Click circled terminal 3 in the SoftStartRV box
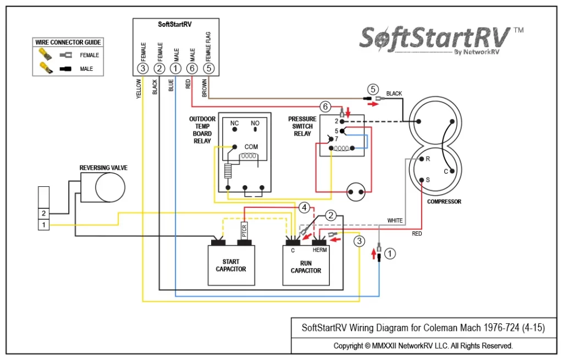click(x=143, y=68)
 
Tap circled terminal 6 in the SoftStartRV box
click(x=192, y=68)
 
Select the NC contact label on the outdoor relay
click(x=234, y=123)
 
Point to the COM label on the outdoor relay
click(x=251, y=147)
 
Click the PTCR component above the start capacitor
click(x=244, y=230)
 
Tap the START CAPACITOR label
click(x=231, y=265)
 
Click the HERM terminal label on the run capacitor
click(x=319, y=250)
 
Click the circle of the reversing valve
click(x=110, y=187)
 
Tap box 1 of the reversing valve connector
click(x=44, y=225)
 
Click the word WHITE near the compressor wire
click(x=395, y=220)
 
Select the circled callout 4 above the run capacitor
click(x=304, y=207)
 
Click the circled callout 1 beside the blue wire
click(x=390, y=254)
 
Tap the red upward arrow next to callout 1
click(x=374, y=254)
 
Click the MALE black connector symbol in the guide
click(x=65, y=69)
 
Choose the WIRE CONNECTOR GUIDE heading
click(x=68, y=42)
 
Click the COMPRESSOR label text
click(x=444, y=202)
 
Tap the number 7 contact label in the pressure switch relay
click(x=336, y=139)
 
